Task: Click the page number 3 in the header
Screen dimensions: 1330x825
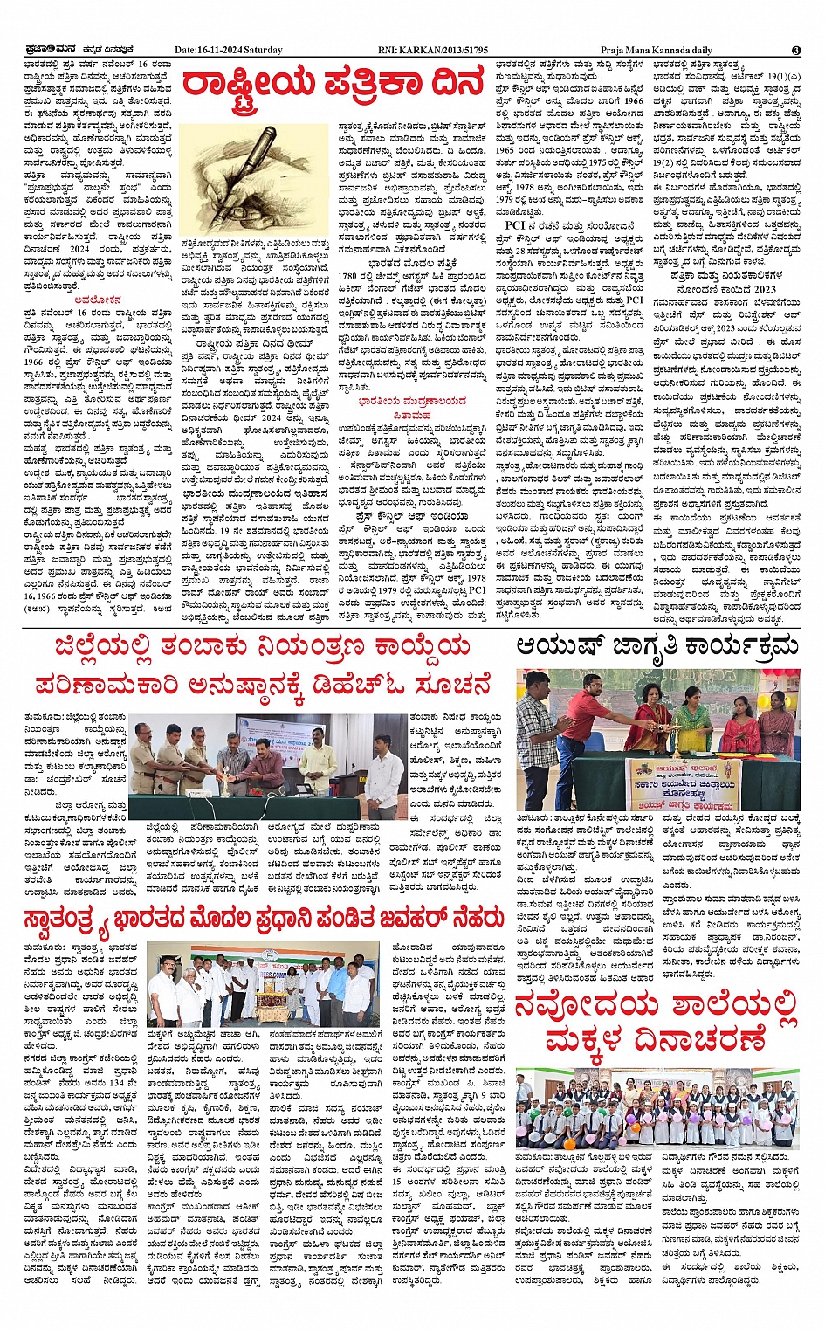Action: (x=795, y=51)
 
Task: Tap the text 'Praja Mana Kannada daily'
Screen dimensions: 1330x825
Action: (x=656, y=51)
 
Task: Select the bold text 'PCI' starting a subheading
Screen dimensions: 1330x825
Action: (x=514, y=225)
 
